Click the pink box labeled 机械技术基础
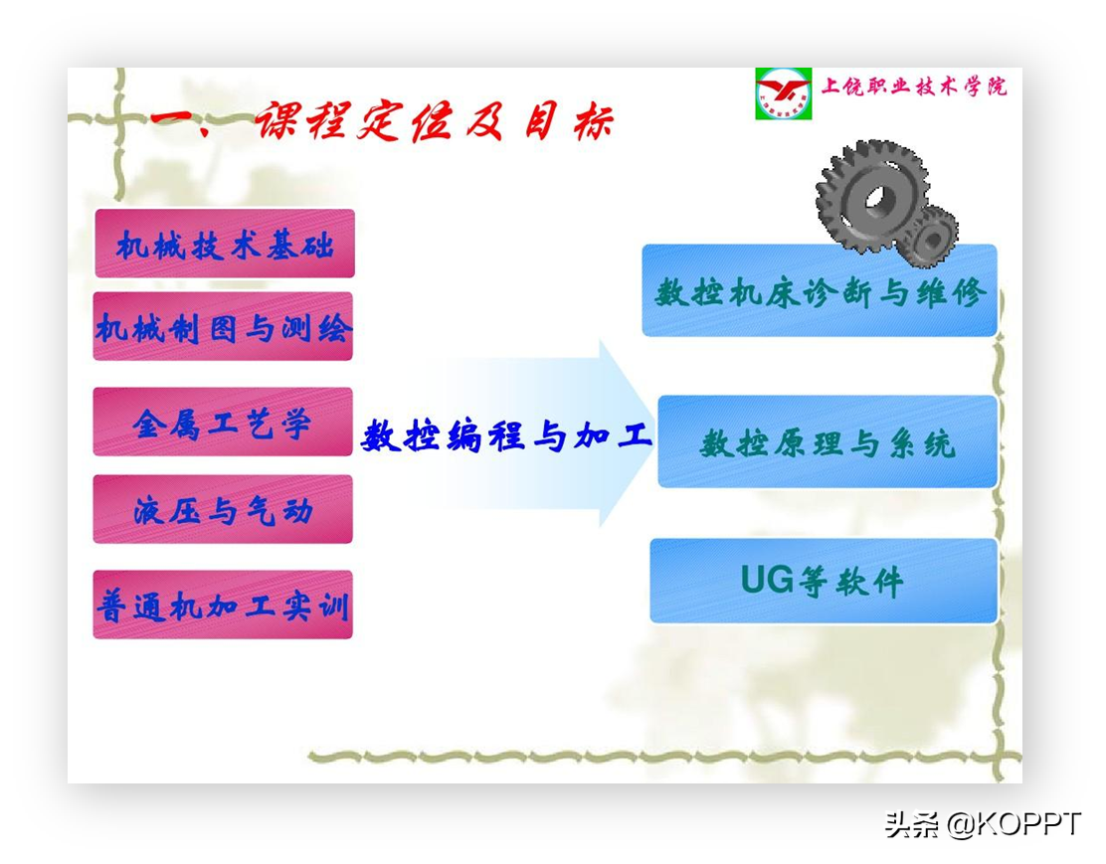pos(225,244)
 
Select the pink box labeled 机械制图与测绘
pos(223,326)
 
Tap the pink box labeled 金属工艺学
pos(223,422)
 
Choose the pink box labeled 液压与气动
pos(223,509)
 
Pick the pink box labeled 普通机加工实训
pos(223,605)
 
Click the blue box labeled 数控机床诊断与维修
pos(820,290)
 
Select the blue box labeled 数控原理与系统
pos(828,441)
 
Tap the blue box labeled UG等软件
pos(824,582)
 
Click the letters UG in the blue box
pos(768,580)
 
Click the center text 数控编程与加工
pos(506,435)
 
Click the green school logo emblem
pos(783,93)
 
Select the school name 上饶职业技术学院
pos(914,86)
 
